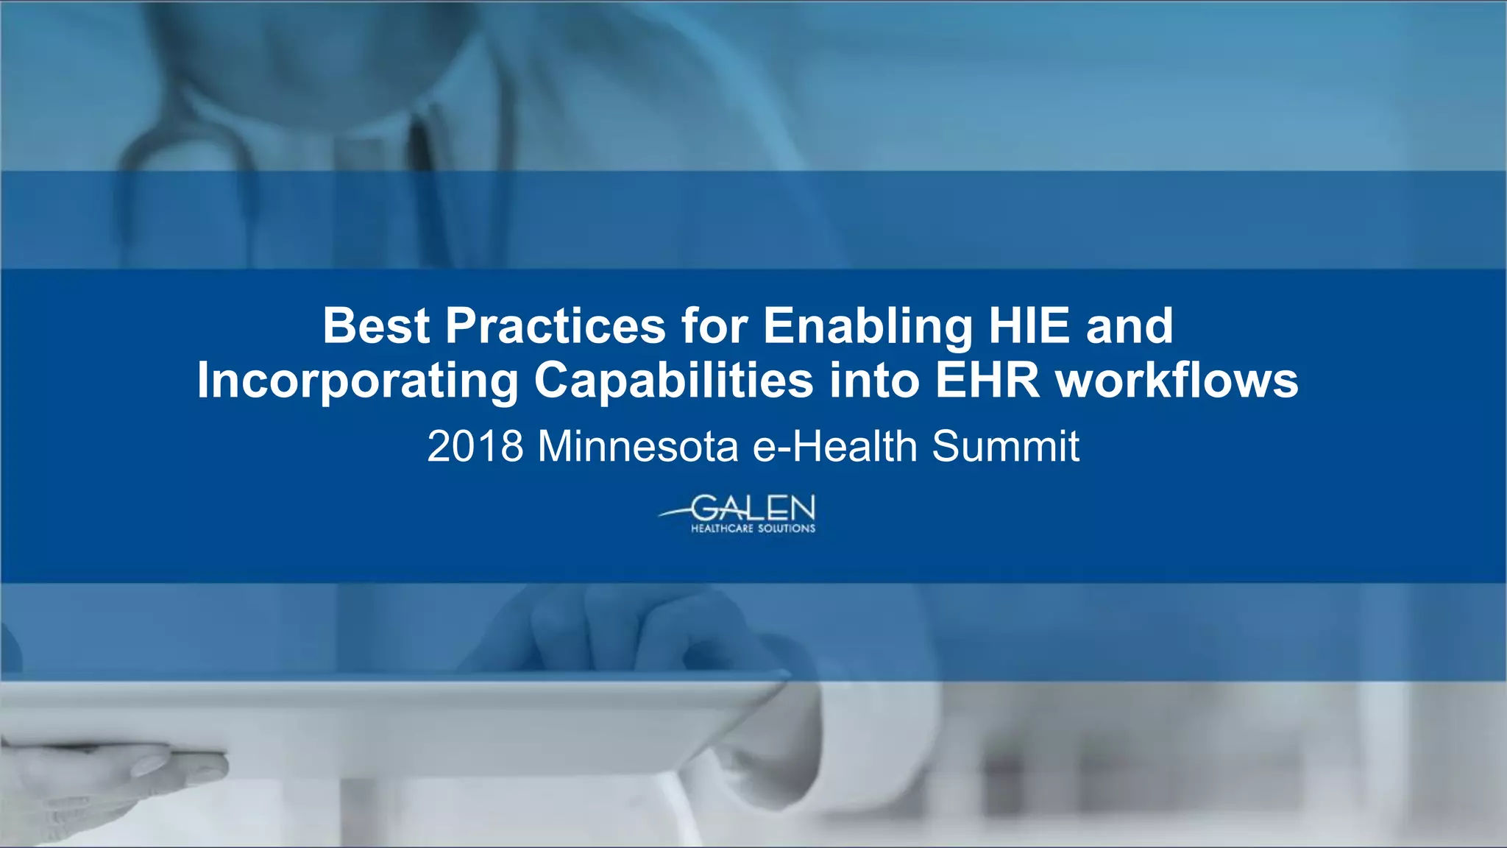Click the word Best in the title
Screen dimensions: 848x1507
click(376, 326)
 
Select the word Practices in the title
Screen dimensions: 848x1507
click(555, 326)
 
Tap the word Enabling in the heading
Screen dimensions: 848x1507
click(868, 326)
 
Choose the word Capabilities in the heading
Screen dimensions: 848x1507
click(673, 381)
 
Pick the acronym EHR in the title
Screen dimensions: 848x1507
click(987, 381)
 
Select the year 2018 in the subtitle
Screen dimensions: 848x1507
click(475, 446)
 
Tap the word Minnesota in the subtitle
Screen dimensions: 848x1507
click(638, 446)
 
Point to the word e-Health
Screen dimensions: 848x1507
click(835, 446)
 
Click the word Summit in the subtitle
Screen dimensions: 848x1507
click(1005, 446)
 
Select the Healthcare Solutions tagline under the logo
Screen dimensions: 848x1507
click(753, 529)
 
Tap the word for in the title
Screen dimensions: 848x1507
click(714, 326)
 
